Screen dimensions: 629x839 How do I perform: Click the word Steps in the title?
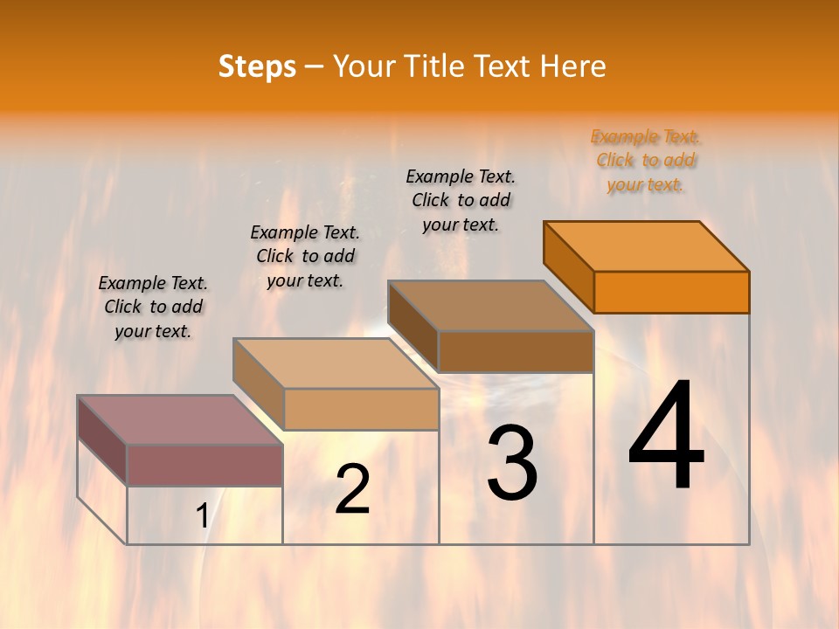(x=257, y=66)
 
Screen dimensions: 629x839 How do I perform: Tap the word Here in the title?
(x=572, y=66)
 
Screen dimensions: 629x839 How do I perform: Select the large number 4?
(x=666, y=437)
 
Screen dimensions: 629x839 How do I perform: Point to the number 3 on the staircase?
(x=512, y=463)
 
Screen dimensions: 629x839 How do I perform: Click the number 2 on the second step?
(x=352, y=489)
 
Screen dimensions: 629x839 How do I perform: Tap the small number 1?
(x=202, y=516)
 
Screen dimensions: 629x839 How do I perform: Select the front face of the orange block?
(x=671, y=292)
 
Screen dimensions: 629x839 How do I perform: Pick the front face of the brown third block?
(x=516, y=351)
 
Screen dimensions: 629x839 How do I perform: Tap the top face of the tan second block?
(x=336, y=363)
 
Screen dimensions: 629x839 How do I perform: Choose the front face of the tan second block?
(x=361, y=409)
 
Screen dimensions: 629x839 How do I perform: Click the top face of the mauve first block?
(x=180, y=420)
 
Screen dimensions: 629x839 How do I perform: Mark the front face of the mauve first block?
(x=205, y=465)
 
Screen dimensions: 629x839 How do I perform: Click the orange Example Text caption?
(x=645, y=161)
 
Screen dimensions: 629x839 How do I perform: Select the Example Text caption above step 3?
(x=461, y=200)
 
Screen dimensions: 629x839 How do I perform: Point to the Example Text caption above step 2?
(x=305, y=256)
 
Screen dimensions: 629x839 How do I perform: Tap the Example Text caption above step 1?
(x=153, y=307)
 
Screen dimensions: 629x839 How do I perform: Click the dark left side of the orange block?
(x=568, y=266)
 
